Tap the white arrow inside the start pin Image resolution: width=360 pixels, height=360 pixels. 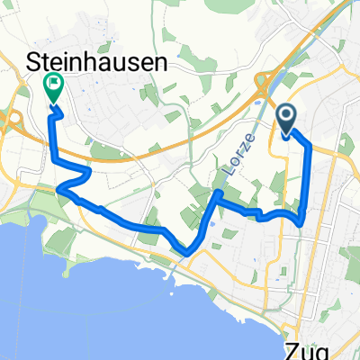point(287,116)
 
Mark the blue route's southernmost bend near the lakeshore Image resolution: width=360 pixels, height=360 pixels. point(184,252)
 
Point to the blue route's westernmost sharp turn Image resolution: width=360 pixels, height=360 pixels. point(59,188)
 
